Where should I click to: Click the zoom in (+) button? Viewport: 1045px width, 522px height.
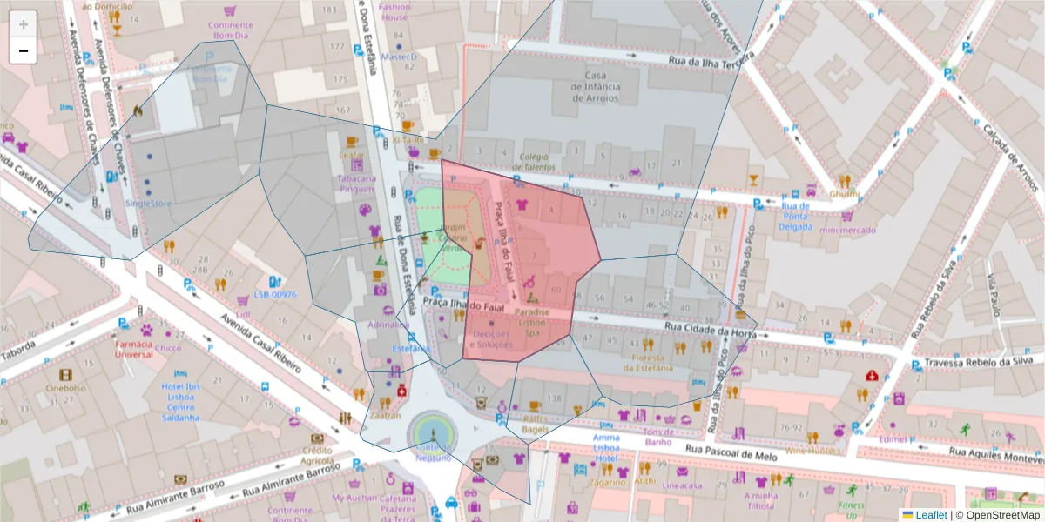click(x=24, y=23)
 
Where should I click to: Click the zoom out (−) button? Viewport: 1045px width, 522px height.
click(x=24, y=50)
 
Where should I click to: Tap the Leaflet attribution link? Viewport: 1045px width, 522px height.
click(x=930, y=514)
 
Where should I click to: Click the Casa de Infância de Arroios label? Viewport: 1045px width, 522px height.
click(x=596, y=87)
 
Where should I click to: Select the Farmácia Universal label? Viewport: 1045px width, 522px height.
click(x=134, y=348)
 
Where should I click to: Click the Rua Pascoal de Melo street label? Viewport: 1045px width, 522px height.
click(x=729, y=450)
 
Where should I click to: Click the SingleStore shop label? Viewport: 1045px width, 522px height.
click(x=148, y=204)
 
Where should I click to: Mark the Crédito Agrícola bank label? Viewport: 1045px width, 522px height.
click(x=317, y=455)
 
